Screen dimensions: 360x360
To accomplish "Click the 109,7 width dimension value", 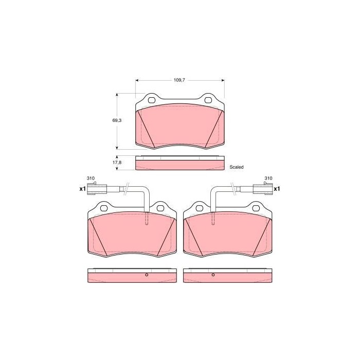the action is coord(179,80).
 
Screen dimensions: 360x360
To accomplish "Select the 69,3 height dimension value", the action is coord(117,120).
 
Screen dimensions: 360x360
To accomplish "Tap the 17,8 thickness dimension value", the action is coord(117,163).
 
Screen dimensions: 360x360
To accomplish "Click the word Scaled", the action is coord(237,167).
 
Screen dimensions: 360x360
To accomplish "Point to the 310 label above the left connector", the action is coord(91,178).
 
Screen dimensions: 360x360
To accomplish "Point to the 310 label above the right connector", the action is coord(268,178).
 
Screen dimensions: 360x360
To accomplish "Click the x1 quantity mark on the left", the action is coord(82,189).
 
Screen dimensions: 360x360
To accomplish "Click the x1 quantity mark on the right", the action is coord(277,189).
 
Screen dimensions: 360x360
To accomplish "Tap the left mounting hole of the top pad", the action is coord(152,100).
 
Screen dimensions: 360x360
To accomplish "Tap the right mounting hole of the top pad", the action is coord(208,100).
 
